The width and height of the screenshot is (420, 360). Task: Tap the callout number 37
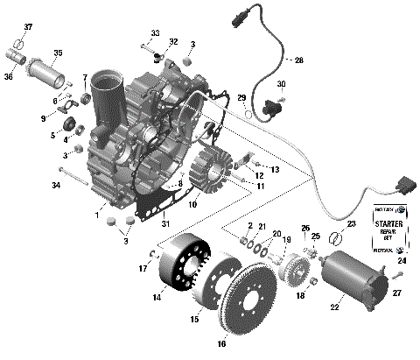pyautogui.click(x=27, y=27)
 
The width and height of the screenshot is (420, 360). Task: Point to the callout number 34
pyautogui.click(x=56, y=186)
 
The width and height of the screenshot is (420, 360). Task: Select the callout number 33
pyautogui.click(x=155, y=33)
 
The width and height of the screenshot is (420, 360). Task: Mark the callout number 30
pyautogui.click(x=282, y=84)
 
